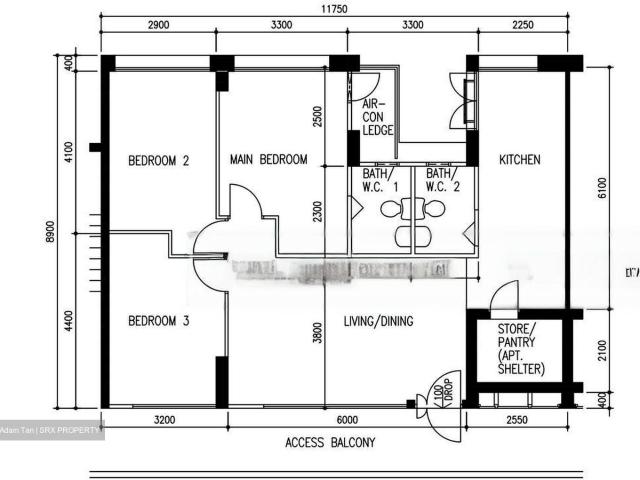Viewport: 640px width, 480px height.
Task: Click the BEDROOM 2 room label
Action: (x=159, y=160)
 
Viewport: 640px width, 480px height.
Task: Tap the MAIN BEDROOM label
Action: (x=268, y=159)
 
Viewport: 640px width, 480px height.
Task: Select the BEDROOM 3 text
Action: (x=159, y=321)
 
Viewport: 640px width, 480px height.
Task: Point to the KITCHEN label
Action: (x=520, y=159)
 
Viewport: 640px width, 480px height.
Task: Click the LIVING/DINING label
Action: (x=379, y=321)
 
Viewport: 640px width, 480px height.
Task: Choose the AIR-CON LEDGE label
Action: (x=378, y=117)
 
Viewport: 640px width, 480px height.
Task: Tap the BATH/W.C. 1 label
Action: (x=379, y=179)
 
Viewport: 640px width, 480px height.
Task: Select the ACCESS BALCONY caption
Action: (x=330, y=442)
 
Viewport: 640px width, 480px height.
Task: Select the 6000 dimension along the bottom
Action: (x=347, y=420)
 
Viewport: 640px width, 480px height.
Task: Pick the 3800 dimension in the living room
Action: (x=317, y=332)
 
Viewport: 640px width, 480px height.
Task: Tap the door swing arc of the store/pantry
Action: (x=506, y=296)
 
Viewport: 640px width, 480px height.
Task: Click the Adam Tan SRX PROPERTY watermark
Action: (x=52, y=430)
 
